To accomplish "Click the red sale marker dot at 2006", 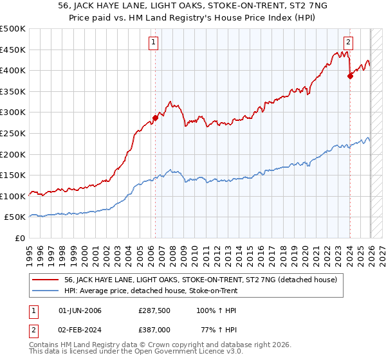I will click(x=155, y=118).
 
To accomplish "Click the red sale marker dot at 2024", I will click(x=351, y=76).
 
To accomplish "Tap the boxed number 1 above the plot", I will click(x=154, y=43).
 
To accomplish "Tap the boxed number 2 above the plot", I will click(x=348, y=43).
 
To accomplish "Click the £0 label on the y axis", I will click(x=19, y=238).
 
